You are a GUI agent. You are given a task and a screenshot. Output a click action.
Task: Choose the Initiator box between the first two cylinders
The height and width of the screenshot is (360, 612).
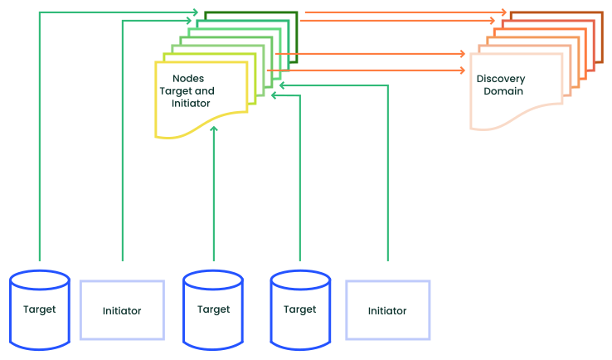[122, 310]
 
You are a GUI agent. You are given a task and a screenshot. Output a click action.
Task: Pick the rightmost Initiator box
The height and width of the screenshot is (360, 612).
[387, 310]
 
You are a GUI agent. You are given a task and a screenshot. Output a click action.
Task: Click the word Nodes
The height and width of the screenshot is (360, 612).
[188, 79]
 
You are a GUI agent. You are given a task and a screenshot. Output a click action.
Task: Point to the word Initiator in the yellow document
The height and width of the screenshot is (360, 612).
[191, 104]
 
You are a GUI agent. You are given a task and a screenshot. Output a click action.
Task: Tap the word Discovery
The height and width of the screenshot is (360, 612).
[500, 79]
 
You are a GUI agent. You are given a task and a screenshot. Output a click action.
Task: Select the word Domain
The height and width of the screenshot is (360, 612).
[503, 91]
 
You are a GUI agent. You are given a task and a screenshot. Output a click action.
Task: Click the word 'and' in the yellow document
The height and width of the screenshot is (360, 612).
[205, 91]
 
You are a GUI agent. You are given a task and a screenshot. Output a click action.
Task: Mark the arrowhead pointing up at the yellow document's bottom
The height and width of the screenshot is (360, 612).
[214, 129]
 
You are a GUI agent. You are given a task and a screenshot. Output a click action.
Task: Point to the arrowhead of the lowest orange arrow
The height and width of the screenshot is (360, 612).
[463, 71]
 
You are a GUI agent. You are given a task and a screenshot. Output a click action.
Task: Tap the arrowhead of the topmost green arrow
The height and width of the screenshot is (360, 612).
[195, 12]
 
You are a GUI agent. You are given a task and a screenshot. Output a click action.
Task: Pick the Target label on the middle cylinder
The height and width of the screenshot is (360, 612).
[213, 309]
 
